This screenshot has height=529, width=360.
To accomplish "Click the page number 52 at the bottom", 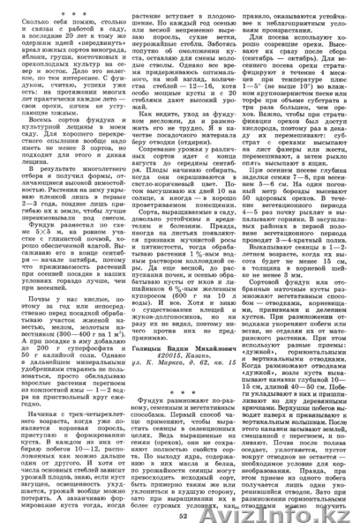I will coord(180,516).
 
